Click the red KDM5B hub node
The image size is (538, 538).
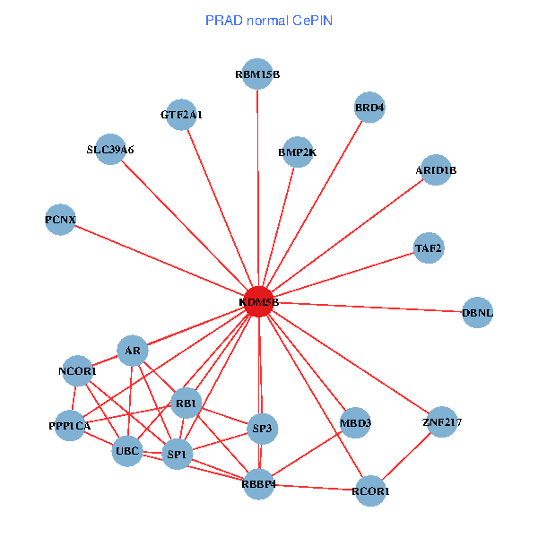click(259, 302)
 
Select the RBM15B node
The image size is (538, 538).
click(258, 74)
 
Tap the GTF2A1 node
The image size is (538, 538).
click(182, 114)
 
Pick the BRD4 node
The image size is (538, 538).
click(369, 108)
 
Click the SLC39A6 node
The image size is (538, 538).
click(110, 150)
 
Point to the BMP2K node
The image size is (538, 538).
click(297, 152)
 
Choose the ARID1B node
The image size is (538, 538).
click(436, 170)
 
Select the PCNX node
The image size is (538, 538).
click(61, 220)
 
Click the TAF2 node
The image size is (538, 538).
click(429, 247)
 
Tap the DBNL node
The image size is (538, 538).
click(477, 312)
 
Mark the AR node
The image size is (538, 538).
click(133, 351)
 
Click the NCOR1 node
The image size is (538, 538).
click(78, 370)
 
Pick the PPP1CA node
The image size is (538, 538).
click(70, 426)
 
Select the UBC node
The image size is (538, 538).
click(127, 451)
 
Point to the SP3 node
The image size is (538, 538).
click(262, 428)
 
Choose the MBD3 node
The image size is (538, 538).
click(356, 422)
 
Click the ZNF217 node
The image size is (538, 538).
click(441, 421)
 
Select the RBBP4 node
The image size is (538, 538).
click(258, 485)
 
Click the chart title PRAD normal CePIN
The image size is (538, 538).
click(269, 20)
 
